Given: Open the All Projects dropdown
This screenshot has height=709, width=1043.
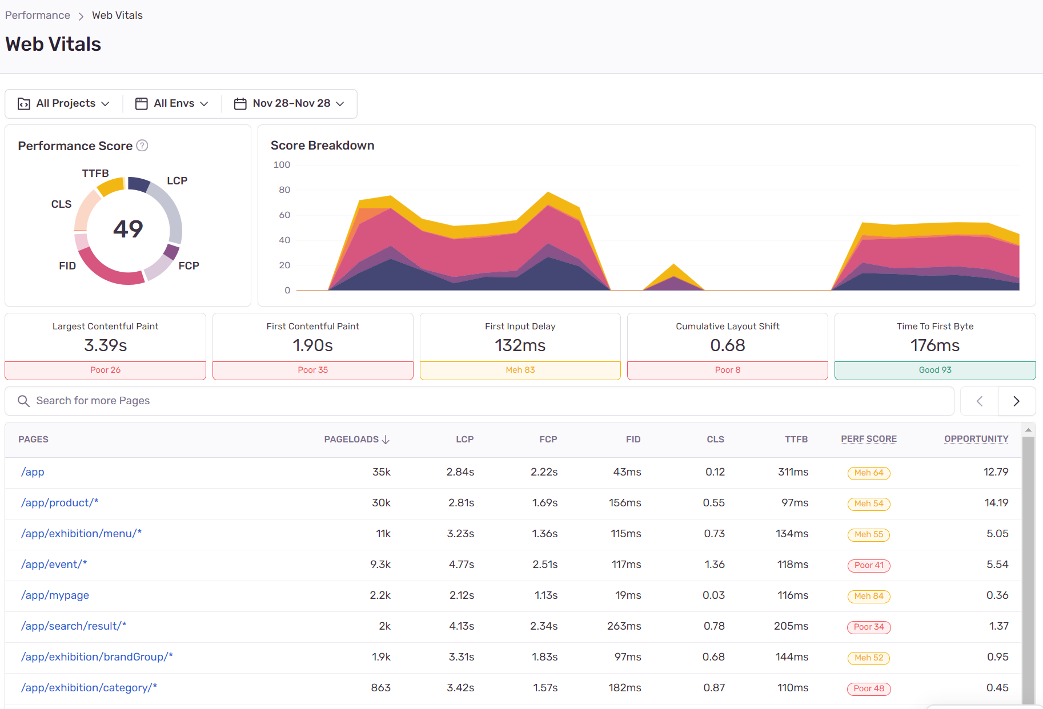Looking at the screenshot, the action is (x=63, y=103).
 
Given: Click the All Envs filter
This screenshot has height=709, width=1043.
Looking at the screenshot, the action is (x=172, y=103).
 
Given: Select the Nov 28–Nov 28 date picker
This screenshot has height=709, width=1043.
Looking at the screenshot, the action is (x=290, y=103).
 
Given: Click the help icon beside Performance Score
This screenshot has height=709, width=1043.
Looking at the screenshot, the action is (x=142, y=146).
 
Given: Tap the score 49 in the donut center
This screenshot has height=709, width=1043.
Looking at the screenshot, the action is (x=128, y=229).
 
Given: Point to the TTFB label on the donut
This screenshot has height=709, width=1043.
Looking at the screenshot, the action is (x=95, y=173).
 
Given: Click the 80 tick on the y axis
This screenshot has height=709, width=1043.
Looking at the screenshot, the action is (x=284, y=190).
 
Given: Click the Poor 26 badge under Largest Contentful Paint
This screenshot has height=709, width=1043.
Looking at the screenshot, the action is (x=106, y=370).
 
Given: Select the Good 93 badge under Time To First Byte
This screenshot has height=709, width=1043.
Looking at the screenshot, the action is (x=935, y=370).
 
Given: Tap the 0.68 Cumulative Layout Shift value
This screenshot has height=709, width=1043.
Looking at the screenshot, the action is (x=728, y=345).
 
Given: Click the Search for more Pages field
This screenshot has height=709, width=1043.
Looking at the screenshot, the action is (x=479, y=401).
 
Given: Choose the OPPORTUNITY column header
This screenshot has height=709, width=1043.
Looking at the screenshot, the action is (x=976, y=439).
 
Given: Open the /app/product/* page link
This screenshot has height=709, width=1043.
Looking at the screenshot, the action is (x=60, y=503).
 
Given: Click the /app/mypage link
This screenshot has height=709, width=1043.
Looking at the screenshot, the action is (x=55, y=595).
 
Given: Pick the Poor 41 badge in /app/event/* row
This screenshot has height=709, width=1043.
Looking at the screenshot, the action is (x=869, y=565).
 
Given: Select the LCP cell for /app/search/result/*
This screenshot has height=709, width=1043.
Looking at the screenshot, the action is (x=462, y=626).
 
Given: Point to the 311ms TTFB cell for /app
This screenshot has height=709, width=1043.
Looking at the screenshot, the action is (x=793, y=472).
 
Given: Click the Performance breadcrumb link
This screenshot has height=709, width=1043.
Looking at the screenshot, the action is (x=38, y=15).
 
